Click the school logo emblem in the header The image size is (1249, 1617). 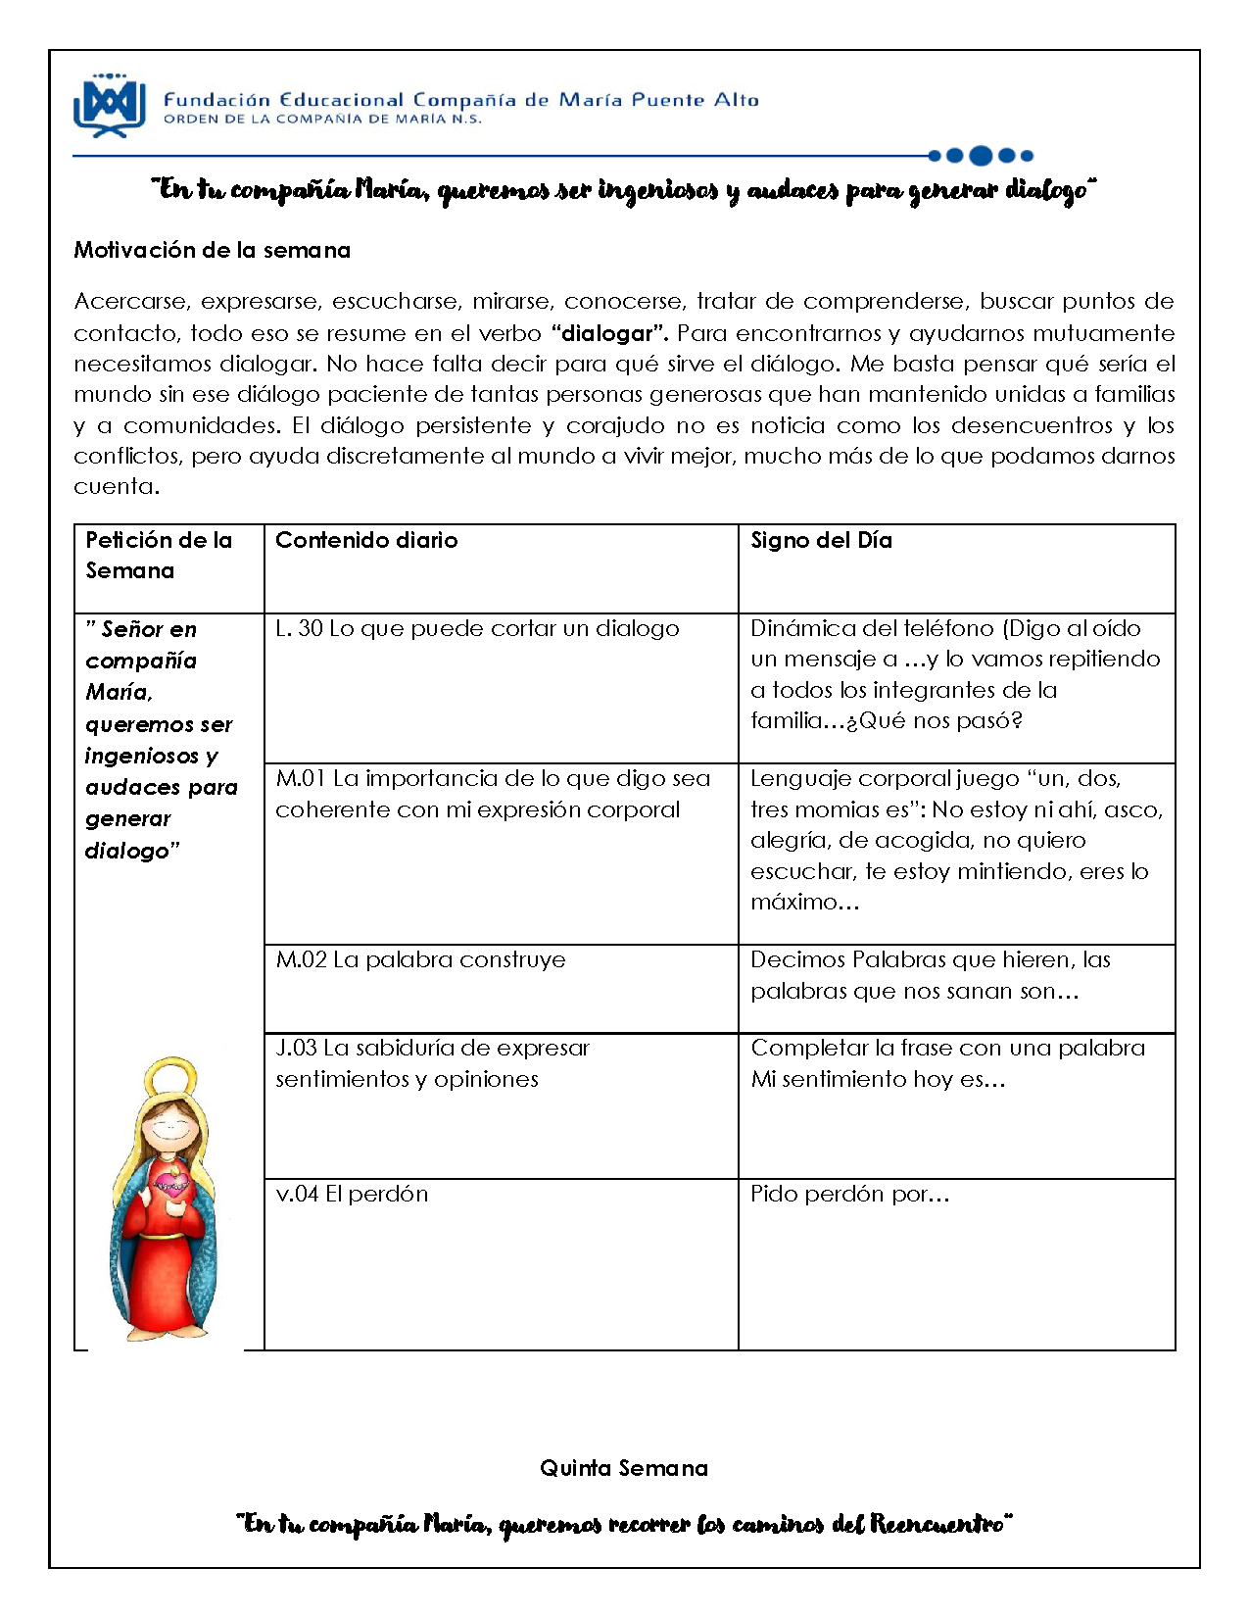pyautogui.click(x=109, y=105)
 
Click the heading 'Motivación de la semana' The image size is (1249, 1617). pyautogui.click(x=212, y=250)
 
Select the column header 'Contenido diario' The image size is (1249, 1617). pyautogui.click(x=366, y=540)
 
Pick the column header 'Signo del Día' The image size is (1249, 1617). pyautogui.click(x=821, y=540)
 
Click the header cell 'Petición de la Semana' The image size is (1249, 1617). pyautogui.click(x=159, y=555)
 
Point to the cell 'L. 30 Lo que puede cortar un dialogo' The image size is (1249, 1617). pyautogui.click(x=477, y=628)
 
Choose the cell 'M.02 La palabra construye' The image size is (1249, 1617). pyautogui.click(x=420, y=959)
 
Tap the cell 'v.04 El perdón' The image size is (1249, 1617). pyautogui.click(x=352, y=1194)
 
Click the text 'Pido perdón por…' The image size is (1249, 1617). pyautogui.click(x=849, y=1194)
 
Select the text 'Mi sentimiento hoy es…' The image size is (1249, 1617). pyautogui.click(x=878, y=1079)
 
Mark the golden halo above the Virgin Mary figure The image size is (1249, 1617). pyautogui.click(x=170, y=1077)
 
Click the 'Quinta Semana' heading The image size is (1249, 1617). pyautogui.click(x=623, y=1468)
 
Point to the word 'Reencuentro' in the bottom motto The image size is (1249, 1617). pyautogui.click(x=938, y=1524)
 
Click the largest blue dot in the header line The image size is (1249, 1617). pyautogui.click(x=980, y=155)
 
